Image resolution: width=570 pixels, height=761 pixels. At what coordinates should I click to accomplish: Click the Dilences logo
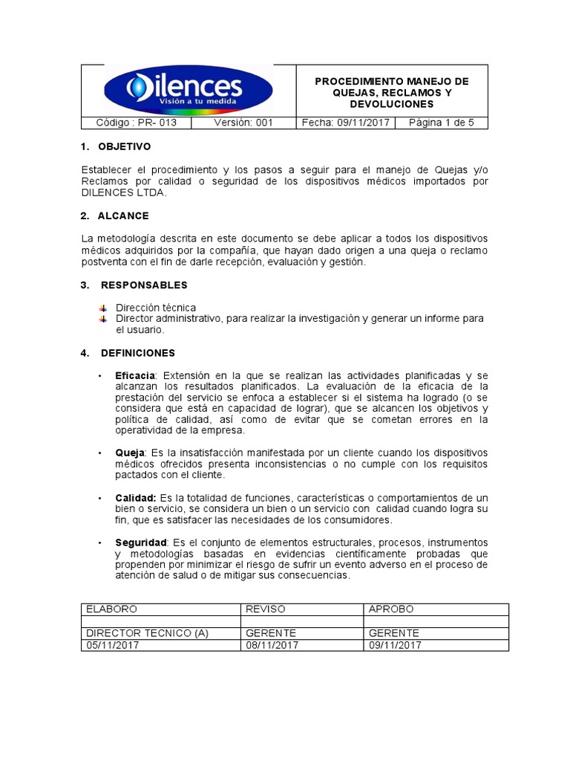[189, 90]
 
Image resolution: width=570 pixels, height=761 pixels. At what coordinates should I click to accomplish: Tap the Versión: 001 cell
[243, 123]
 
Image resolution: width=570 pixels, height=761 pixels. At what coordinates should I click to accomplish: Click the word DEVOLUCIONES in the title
[393, 105]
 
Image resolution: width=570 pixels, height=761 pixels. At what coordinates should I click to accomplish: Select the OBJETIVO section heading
[124, 146]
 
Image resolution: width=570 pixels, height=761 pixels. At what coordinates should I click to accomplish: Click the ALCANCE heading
[123, 216]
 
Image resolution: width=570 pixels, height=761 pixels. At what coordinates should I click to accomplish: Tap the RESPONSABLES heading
[144, 285]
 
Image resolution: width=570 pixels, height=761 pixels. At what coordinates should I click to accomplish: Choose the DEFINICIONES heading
[137, 352]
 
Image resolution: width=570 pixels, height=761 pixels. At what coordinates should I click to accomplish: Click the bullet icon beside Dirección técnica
[103, 308]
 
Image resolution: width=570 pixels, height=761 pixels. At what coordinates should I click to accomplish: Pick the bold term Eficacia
[135, 375]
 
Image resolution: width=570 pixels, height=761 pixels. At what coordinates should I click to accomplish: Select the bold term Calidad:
[136, 497]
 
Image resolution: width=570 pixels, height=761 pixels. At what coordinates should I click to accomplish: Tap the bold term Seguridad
[141, 543]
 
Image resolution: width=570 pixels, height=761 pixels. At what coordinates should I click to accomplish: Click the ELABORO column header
[112, 609]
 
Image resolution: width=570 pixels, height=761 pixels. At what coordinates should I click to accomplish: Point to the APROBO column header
[392, 609]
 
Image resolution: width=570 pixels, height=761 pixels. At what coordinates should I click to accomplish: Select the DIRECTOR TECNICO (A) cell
[147, 633]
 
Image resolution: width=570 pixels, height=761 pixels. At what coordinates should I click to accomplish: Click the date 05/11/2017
[113, 645]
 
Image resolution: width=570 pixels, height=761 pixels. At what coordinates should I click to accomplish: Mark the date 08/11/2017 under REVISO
[272, 645]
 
